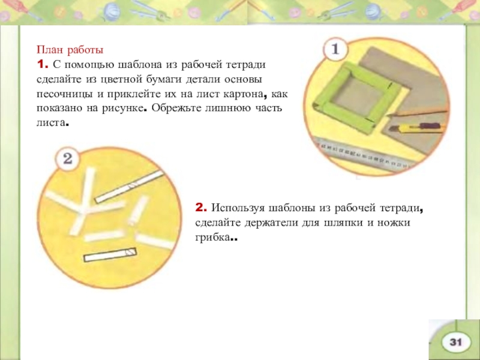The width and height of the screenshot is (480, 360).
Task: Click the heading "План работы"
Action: [x=70, y=50]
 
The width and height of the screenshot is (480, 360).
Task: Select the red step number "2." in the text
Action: [x=201, y=208]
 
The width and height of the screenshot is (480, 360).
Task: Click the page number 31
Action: [x=455, y=342]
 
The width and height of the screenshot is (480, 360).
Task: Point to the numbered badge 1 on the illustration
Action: [x=335, y=49]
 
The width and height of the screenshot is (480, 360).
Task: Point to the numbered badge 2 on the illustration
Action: [x=68, y=158]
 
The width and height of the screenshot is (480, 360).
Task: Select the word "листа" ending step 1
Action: [x=51, y=123]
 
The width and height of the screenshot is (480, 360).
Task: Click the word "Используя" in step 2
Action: [x=238, y=208]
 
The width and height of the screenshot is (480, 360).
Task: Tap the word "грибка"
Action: [x=212, y=238]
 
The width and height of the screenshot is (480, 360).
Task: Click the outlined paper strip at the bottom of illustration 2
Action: [x=110, y=254]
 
